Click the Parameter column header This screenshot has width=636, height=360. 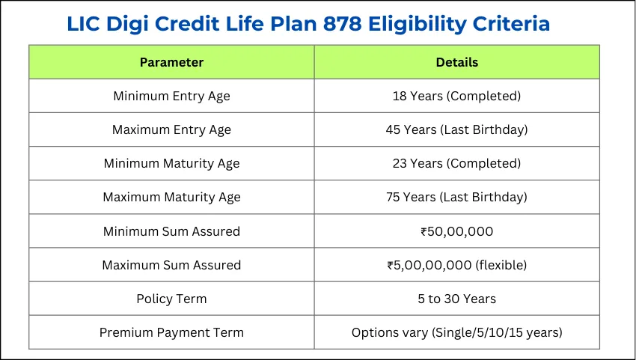[x=171, y=62]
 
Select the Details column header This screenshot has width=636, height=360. [x=456, y=62]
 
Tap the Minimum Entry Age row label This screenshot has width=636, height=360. [x=171, y=96]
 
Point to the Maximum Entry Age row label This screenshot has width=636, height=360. [x=171, y=129]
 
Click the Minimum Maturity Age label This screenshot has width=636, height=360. [x=171, y=163]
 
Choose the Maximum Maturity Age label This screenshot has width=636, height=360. [x=171, y=198]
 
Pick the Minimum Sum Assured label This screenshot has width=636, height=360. [x=171, y=231]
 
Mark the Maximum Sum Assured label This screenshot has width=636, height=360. [x=171, y=265]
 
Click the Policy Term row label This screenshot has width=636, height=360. [x=171, y=299]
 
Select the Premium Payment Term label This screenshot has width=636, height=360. [x=171, y=332]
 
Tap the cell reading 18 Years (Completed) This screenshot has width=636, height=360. [x=456, y=96]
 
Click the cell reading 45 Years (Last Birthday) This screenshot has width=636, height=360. [x=456, y=129]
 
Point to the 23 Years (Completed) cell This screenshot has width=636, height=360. [x=456, y=163]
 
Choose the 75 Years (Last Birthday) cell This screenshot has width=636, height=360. [x=456, y=198]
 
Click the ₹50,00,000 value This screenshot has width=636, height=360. [x=456, y=231]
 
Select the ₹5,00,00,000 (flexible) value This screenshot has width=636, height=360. [x=456, y=265]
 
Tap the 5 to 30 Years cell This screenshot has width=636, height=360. [x=456, y=299]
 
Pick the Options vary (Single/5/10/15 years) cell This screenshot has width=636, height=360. [x=456, y=332]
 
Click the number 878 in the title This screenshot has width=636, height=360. [x=346, y=23]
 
